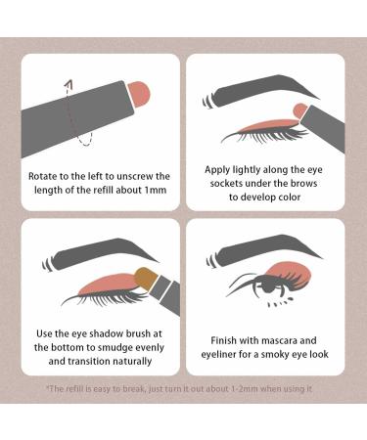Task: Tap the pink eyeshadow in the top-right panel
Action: (x=264, y=123)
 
